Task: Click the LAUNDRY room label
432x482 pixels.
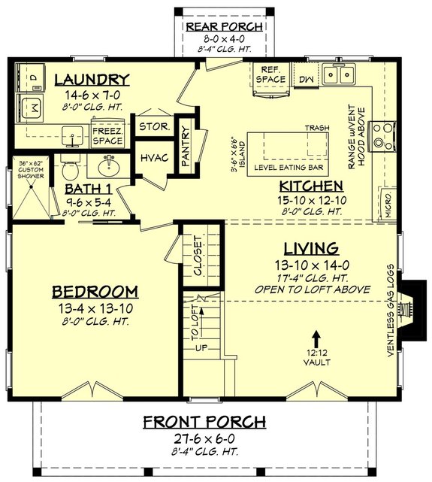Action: pyautogui.click(x=92, y=80)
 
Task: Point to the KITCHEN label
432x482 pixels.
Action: pyautogui.click(x=311, y=186)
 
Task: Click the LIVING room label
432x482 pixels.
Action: pyautogui.click(x=310, y=248)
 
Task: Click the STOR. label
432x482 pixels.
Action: pyautogui.click(x=153, y=126)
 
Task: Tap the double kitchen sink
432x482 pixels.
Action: pyautogui.click(x=339, y=74)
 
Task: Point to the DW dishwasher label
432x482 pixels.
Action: pyautogui.click(x=306, y=77)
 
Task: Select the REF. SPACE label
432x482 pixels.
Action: pyautogui.click(x=270, y=74)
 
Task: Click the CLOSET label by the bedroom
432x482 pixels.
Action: pyautogui.click(x=198, y=256)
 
